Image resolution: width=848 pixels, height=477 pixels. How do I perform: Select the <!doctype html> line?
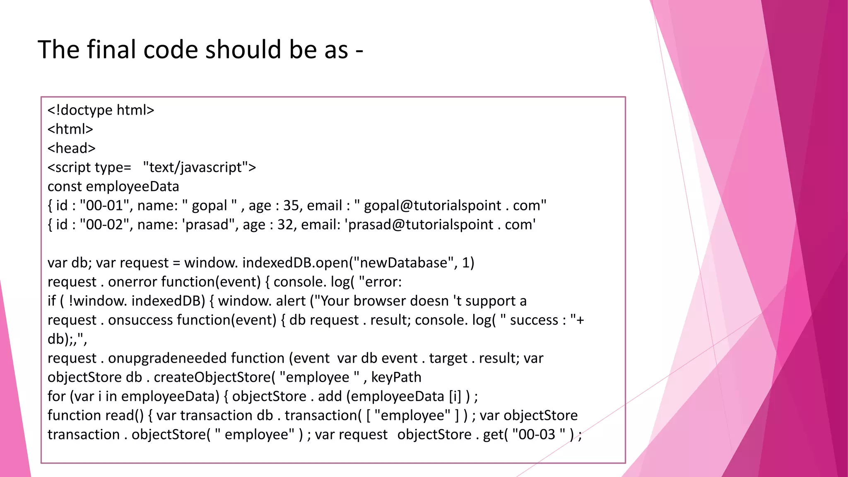[101, 110]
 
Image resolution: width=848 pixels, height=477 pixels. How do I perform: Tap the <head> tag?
[71, 148]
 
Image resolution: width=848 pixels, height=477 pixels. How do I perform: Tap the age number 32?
[285, 224]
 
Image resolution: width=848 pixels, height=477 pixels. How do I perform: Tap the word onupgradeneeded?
[167, 358]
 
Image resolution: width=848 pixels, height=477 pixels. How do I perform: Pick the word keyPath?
[396, 377]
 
